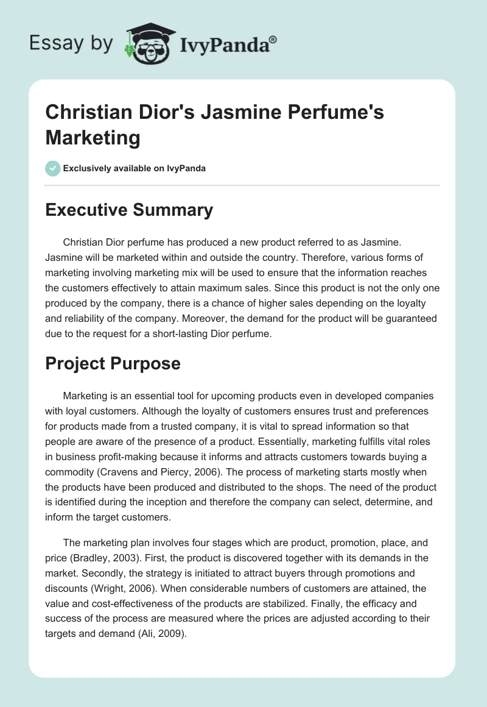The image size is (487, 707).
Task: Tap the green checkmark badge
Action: (53, 168)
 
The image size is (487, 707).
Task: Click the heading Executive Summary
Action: (129, 210)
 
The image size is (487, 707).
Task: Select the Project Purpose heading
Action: (113, 363)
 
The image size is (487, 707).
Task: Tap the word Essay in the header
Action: (51, 44)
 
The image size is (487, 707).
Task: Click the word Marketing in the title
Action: (93, 138)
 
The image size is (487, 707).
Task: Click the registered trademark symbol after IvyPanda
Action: (273, 38)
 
